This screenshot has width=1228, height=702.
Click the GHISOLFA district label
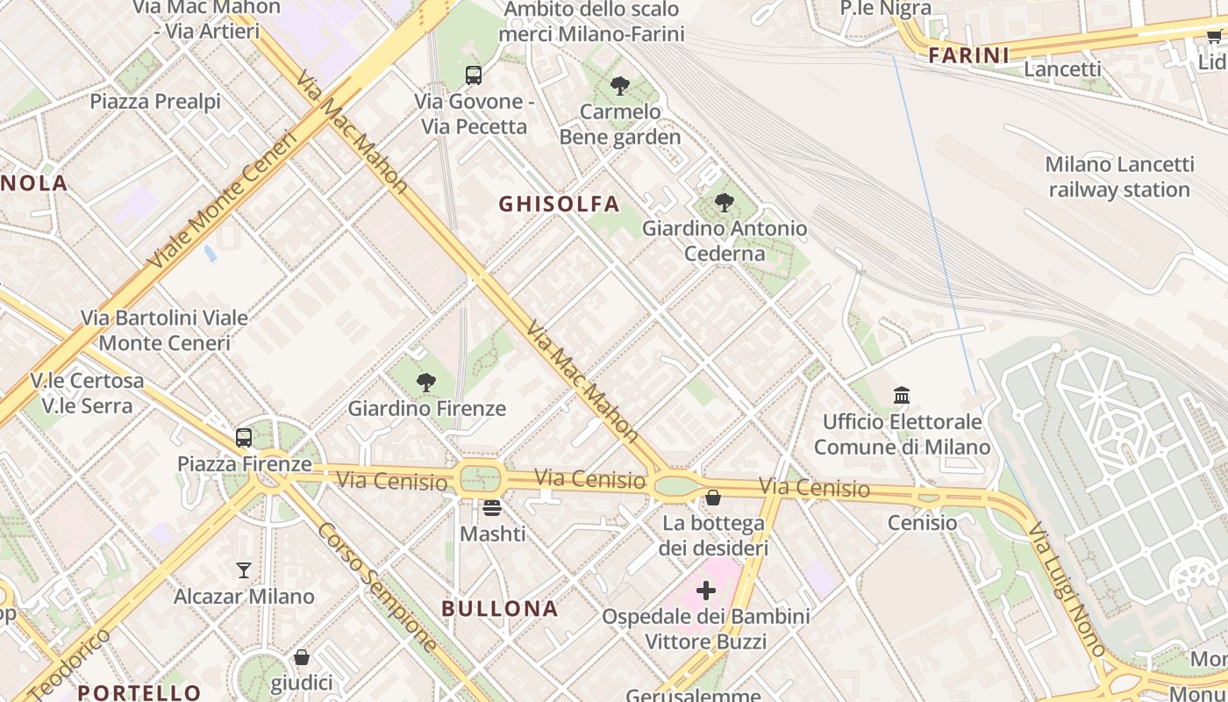(x=559, y=204)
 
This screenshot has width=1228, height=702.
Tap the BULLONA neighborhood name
(x=499, y=608)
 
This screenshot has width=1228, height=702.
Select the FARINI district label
(x=968, y=55)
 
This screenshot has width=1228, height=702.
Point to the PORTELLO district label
(x=139, y=692)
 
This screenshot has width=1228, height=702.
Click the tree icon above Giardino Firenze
(x=426, y=383)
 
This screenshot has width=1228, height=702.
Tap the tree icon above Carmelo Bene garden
(x=620, y=86)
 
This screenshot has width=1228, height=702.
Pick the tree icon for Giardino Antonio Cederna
(x=725, y=203)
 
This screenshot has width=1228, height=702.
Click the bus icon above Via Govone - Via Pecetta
(x=474, y=75)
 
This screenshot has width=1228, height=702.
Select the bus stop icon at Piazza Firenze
(x=244, y=437)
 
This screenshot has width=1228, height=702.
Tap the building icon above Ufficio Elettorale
(x=902, y=396)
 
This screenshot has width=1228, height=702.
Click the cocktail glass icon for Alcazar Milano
(x=244, y=570)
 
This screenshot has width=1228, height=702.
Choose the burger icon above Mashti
(x=492, y=507)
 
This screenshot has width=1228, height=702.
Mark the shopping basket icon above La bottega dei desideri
(x=713, y=498)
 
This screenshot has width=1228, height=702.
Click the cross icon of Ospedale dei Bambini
(x=706, y=590)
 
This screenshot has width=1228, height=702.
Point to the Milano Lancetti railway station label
(x=1119, y=177)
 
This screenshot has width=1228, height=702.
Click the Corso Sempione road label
(x=377, y=586)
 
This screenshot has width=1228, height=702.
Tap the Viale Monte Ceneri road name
(x=223, y=201)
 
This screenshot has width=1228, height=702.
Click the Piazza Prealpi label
(x=155, y=102)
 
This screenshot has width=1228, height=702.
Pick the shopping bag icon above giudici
(x=302, y=657)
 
